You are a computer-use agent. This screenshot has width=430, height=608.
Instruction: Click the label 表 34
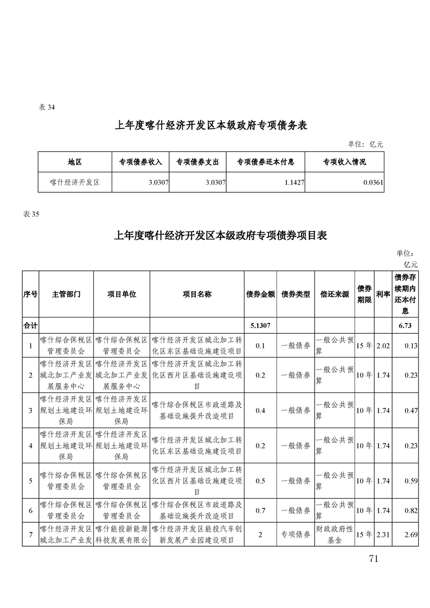(x=47, y=107)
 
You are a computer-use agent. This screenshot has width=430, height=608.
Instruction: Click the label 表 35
(x=32, y=214)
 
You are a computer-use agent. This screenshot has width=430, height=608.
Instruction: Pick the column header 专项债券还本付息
(x=266, y=161)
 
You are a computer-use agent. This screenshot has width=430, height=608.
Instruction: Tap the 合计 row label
(x=30, y=326)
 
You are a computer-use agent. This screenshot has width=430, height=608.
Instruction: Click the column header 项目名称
(x=196, y=294)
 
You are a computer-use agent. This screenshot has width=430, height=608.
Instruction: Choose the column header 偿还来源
(x=335, y=294)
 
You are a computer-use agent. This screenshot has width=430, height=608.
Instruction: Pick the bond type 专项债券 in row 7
(x=296, y=535)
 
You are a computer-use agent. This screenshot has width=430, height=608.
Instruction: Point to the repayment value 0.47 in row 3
(x=410, y=411)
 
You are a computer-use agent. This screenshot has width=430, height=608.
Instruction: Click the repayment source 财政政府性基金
(x=335, y=535)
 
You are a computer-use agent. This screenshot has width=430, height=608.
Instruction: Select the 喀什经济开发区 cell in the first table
(x=75, y=183)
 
